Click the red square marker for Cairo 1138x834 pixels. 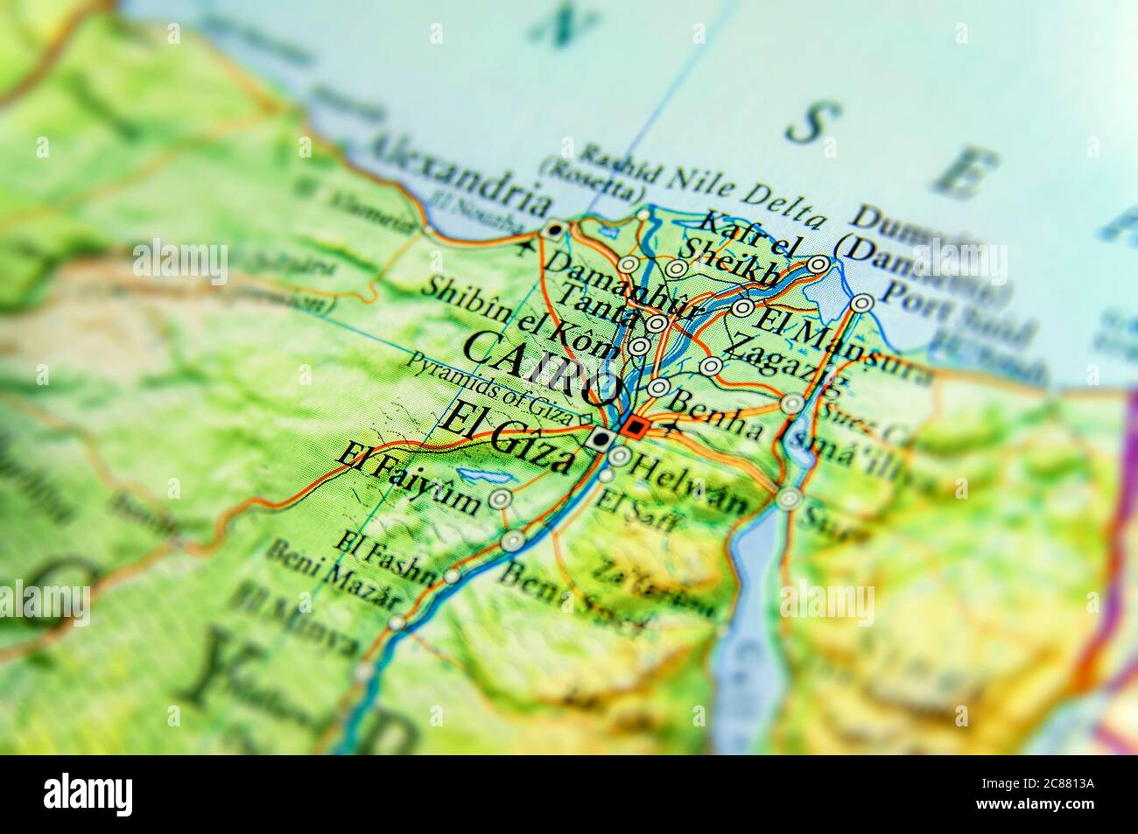tap(636, 428)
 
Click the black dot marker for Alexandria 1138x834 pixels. tap(554, 230)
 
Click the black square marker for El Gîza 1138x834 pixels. tap(601, 439)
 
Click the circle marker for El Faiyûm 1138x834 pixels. tap(501, 500)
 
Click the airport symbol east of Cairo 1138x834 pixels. tap(672, 429)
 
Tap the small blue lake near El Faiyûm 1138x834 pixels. tap(477, 476)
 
